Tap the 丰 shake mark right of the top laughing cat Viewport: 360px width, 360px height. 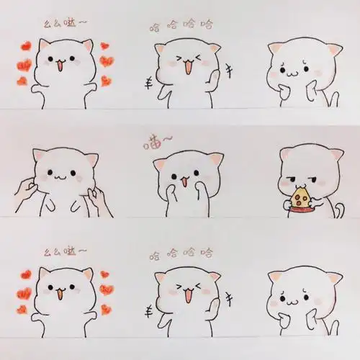pyautogui.click(x=230, y=70)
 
